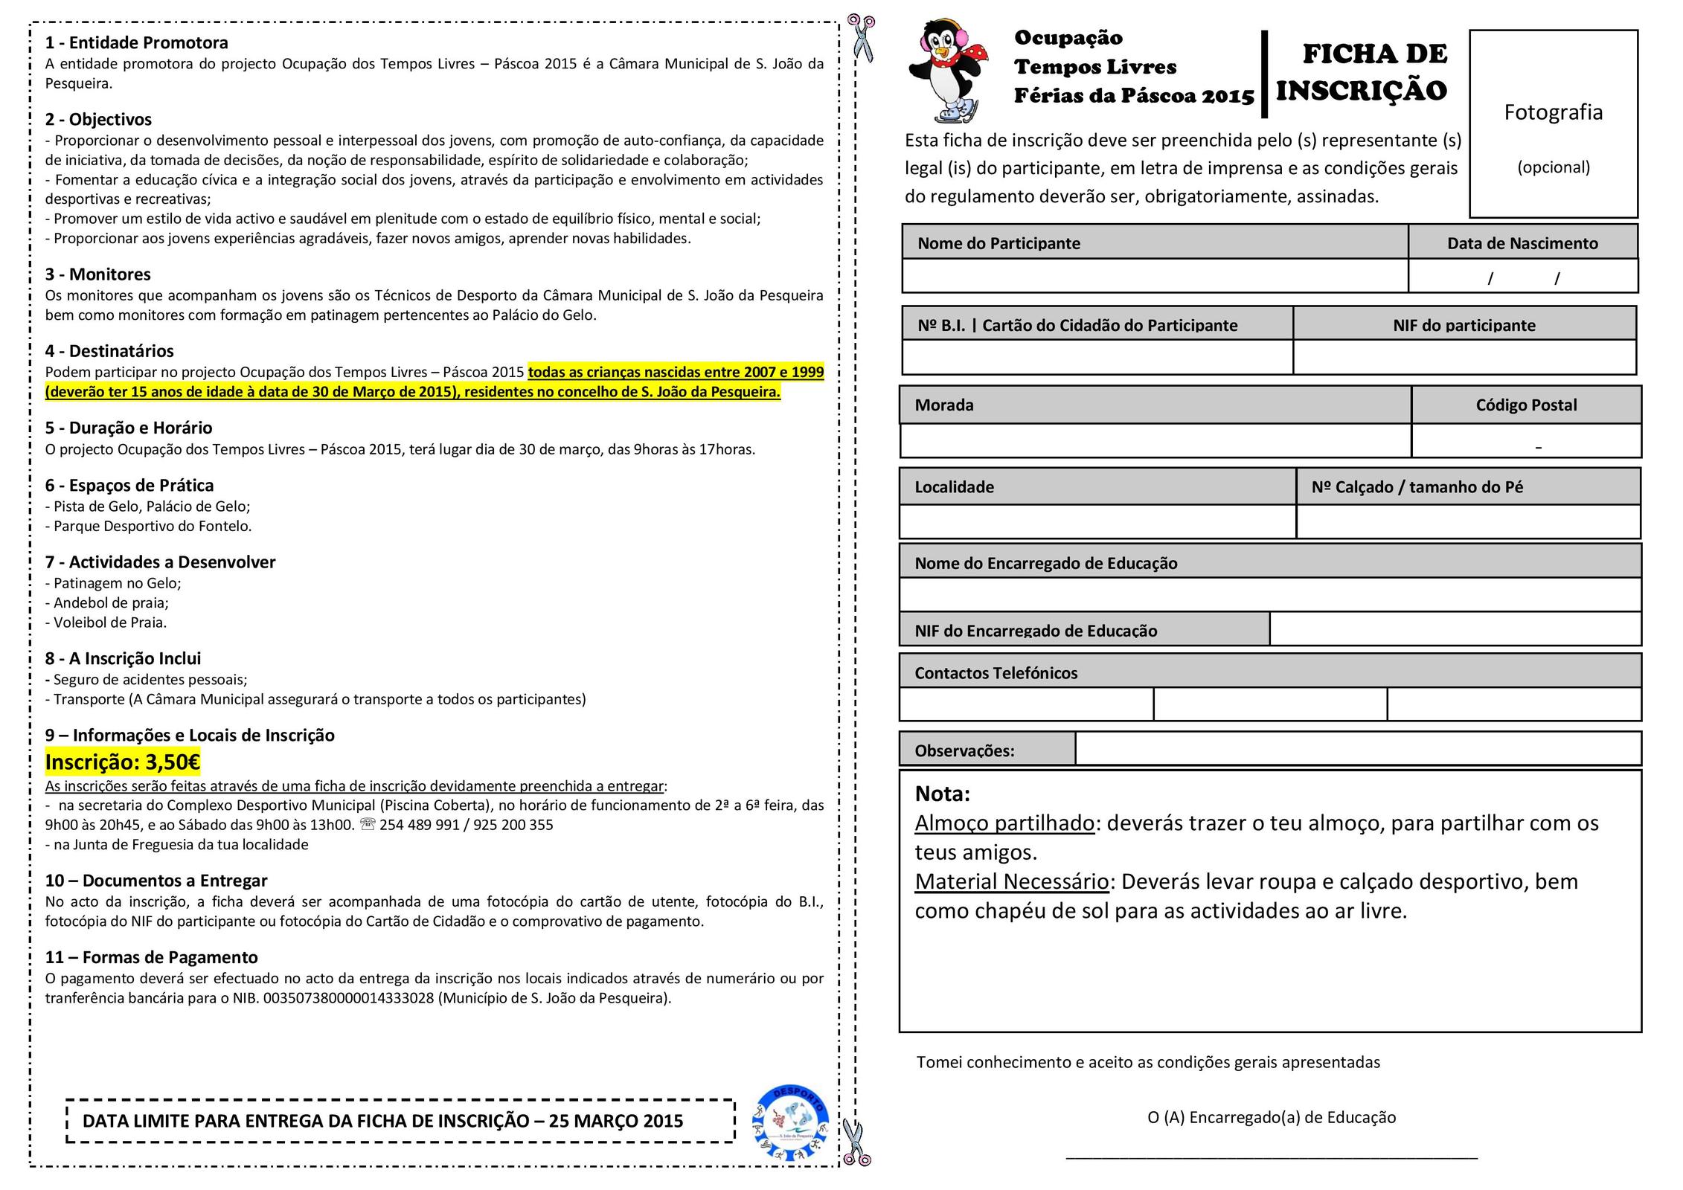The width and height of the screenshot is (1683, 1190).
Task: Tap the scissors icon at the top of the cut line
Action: (x=862, y=36)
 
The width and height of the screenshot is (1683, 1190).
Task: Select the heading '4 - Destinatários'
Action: (x=109, y=351)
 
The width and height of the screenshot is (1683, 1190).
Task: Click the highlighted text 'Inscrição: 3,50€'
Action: (x=123, y=762)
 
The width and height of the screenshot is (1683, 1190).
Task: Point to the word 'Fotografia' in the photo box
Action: (x=1553, y=112)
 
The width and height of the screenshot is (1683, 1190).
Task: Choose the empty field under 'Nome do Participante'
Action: (x=1155, y=276)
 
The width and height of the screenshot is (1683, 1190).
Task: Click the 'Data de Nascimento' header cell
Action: (x=1522, y=243)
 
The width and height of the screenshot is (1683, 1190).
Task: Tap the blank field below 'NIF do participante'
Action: (x=1464, y=358)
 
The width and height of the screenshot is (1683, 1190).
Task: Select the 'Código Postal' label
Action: (x=1526, y=405)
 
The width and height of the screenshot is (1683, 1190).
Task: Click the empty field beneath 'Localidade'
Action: (x=1097, y=521)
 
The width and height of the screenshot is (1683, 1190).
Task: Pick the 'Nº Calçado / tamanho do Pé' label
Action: (x=1417, y=487)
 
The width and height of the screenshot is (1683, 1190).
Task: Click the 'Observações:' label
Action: (x=964, y=750)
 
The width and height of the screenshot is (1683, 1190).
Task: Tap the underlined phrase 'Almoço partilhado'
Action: (x=1004, y=823)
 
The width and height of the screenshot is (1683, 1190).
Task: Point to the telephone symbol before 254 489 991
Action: (x=368, y=825)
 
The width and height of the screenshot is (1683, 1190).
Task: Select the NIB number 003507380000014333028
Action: (x=348, y=998)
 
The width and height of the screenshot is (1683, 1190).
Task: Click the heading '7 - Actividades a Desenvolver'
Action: (x=160, y=562)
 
